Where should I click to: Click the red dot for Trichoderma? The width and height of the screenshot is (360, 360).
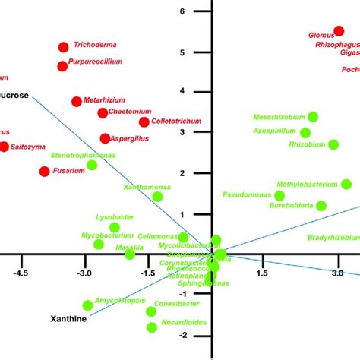[x=63, y=47]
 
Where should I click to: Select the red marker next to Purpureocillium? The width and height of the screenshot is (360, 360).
[x=62, y=66]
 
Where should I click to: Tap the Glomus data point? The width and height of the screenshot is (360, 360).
[x=339, y=31]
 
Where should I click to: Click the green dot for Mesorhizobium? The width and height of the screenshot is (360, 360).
[x=313, y=117]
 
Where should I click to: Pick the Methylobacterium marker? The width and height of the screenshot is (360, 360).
[x=346, y=184]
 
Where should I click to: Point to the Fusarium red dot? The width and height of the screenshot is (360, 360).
[x=44, y=172]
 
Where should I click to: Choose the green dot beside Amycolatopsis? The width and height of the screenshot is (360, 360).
[x=87, y=305]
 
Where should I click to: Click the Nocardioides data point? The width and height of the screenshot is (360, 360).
[x=152, y=327]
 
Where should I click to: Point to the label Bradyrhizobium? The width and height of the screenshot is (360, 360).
[x=333, y=238]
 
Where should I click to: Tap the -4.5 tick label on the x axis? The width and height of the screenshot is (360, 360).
[x=21, y=273]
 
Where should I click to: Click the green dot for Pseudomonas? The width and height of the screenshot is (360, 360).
[x=280, y=196]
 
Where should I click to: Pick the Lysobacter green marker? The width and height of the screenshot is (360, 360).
[x=115, y=227]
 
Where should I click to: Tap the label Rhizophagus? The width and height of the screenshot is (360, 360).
[x=338, y=45]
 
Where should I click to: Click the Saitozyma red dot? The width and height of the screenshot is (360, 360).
[x=4, y=147]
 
